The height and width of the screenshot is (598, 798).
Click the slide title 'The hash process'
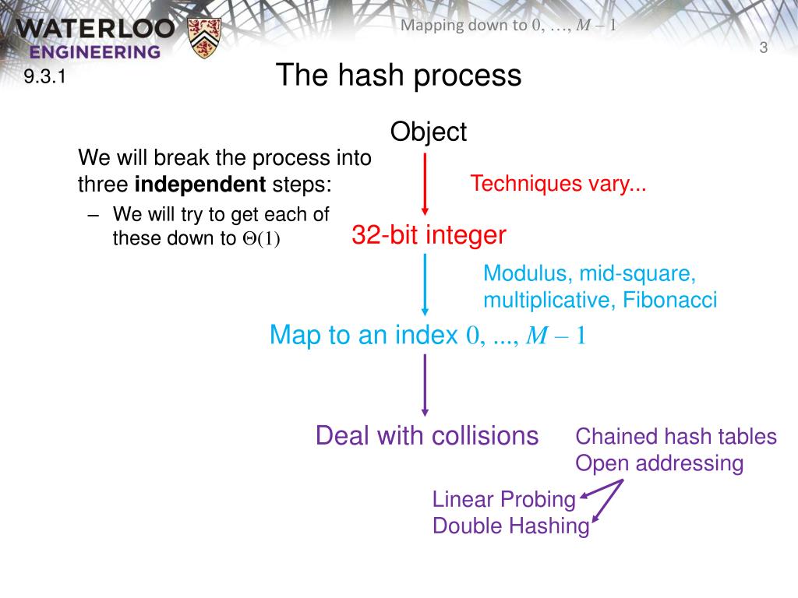coord(398,76)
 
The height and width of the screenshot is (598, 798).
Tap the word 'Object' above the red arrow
coord(428,132)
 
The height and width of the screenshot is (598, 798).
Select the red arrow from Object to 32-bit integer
coord(425,184)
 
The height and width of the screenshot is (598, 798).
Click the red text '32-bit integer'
coord(429,234)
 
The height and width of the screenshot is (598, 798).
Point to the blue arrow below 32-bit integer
coord(425,285)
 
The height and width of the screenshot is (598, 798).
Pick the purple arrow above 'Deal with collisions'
coord(425,385)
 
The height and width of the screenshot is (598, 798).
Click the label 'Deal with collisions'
coord(426,435)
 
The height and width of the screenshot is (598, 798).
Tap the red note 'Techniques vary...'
coord(558,185)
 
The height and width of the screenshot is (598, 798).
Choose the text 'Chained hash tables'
coord(676,436)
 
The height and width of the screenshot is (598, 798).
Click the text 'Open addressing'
coord(659,463)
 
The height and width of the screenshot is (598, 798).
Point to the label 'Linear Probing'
coord(503,499)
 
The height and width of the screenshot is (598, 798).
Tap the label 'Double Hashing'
coord(510,526)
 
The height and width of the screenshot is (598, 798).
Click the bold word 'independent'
coord(201,185)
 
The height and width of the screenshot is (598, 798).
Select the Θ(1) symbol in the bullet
coord(260,239)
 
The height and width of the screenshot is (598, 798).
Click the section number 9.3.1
coord(43,76)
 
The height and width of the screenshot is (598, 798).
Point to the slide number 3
coord(764,48)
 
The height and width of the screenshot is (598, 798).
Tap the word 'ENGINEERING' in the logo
coord(96,52)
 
